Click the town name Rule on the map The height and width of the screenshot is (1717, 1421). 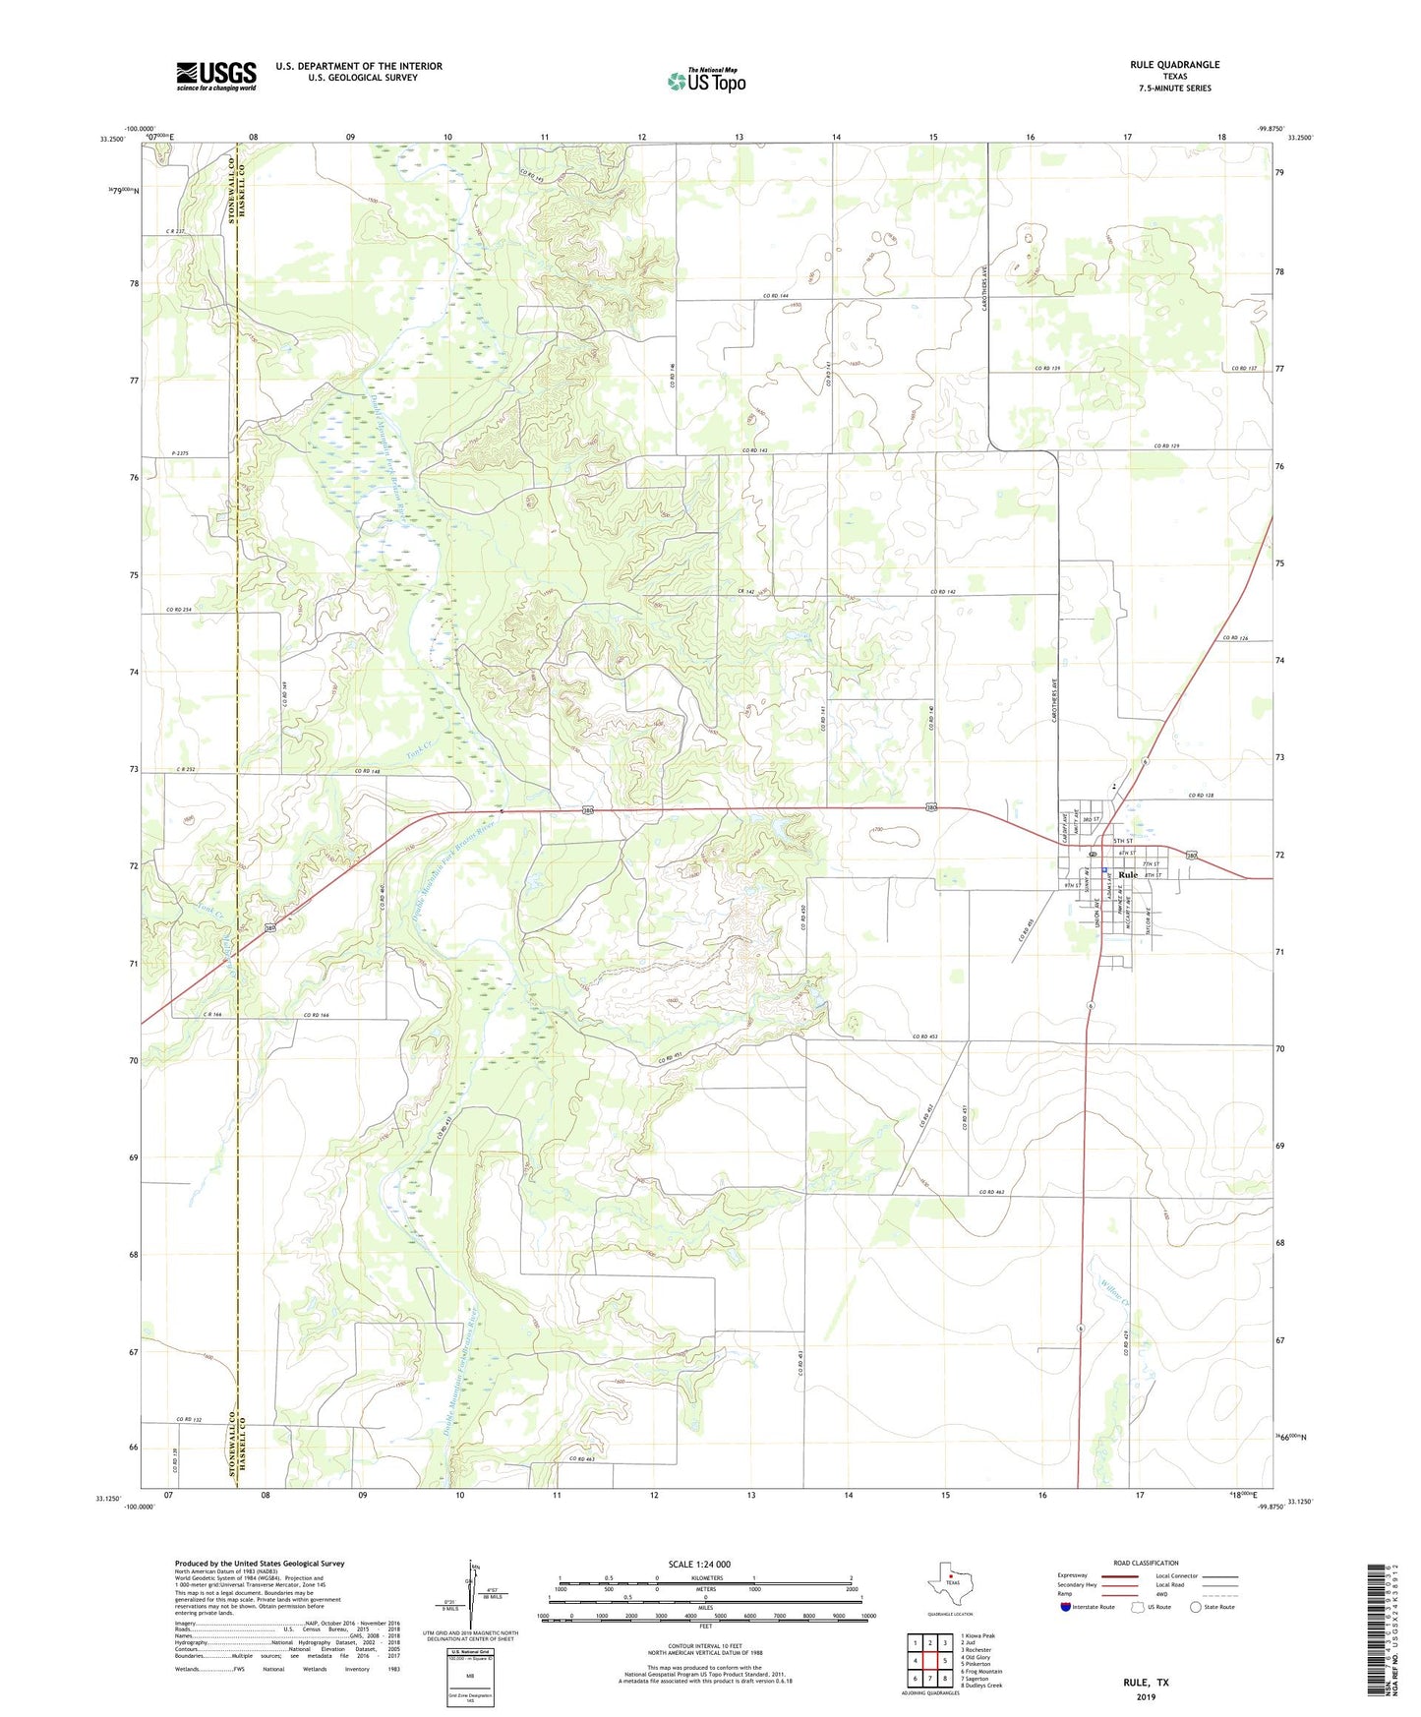1128,874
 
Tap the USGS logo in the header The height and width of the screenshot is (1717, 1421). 216,76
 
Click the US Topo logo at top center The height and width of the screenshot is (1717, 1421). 706,81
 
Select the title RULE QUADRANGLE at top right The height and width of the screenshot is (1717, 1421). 1174,65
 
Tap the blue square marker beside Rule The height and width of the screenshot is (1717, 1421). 1104,870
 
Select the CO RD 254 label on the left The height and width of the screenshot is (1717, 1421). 179,610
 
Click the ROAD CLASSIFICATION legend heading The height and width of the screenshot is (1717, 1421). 1146,1563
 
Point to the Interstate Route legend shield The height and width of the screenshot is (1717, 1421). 1067,1607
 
